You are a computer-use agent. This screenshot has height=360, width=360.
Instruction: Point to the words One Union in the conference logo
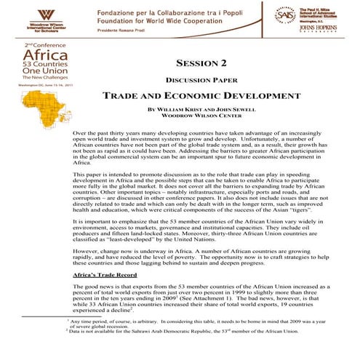click(x=36, y=76)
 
